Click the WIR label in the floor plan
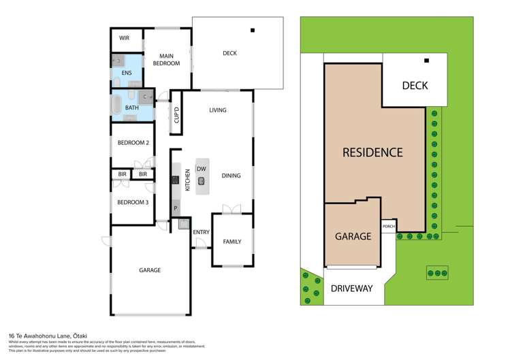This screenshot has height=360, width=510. click(x=125, y=39)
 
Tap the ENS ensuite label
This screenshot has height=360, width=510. click(x=127, y=73)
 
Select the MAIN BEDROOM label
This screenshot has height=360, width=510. click(x=165, y=60)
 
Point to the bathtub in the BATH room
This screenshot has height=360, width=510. click(x=116, y=106)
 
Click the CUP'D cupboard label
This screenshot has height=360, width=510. click(x=176, y=114)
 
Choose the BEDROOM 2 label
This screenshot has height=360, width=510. click(x=133, y=143)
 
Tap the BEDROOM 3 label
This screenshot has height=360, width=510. click(x=133, y=203)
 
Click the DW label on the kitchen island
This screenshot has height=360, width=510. click(x=201, y=169)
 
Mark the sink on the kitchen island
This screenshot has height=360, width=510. click(x=201, y=181)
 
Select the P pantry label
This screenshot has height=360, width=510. click(x=176, y=208)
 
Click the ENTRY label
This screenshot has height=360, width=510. click(x=201, y=233)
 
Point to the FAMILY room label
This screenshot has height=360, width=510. click(x=232, y=242)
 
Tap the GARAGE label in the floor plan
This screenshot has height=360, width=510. click(x=150, y=270)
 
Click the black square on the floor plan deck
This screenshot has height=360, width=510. click(x=253, y=30)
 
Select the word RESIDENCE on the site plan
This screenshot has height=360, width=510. click(x=372, y=152)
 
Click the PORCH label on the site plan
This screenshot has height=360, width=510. click(x=389, y=227)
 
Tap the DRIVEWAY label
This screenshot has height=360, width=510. click(x=352, y=289)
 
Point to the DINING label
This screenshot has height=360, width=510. click(x=232, y=176)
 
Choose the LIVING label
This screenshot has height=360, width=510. click(x=218, y=110)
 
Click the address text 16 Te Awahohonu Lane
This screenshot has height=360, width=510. click(x=50, y=336)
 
